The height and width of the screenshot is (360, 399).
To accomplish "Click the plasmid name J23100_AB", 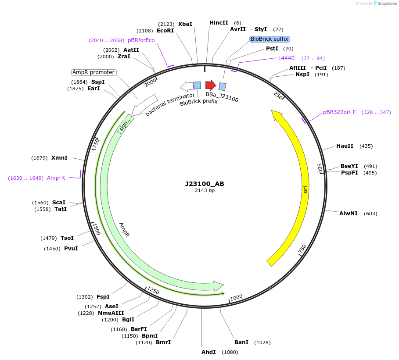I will (204, 184).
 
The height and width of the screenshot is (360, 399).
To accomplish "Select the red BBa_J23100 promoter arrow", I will (211, 85).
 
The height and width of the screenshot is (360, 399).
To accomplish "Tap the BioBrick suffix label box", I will (270, 39).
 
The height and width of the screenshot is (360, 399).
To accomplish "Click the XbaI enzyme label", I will (185, 24).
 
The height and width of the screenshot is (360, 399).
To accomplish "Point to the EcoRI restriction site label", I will (165, 31).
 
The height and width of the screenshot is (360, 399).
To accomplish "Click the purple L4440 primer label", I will (286, 58).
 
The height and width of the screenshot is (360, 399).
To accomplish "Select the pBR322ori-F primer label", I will (339, 112).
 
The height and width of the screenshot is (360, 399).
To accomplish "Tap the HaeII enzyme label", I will (345, 146).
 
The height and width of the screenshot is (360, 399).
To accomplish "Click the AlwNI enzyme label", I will (348, 214).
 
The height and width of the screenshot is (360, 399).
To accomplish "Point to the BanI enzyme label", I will (241, 342).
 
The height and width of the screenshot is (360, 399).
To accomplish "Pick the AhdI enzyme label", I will (208, 352).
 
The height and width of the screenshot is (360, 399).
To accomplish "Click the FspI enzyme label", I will (103, 297).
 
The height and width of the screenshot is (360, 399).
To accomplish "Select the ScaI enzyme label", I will (59, 203).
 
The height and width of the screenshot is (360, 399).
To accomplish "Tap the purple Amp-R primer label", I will (56, 178).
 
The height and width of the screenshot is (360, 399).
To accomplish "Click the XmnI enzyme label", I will (59, 158).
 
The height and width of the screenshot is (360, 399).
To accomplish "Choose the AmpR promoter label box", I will (93, 72).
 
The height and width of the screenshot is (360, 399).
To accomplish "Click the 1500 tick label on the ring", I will (96, 229).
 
